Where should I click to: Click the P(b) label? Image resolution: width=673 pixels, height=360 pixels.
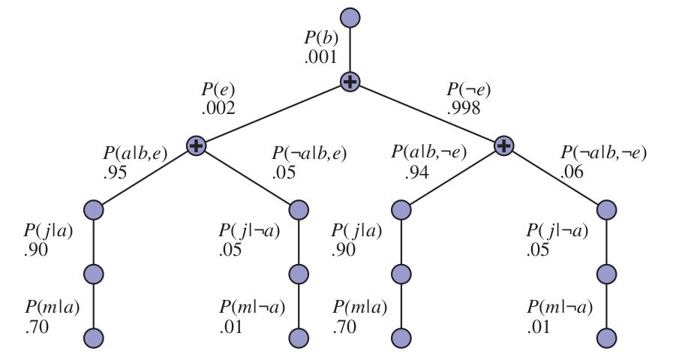(321, 38)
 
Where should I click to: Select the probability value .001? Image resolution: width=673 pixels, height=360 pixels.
(320, 57)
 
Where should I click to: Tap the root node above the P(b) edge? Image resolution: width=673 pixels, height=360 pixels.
(350, 17)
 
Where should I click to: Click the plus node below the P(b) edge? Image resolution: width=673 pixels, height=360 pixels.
(350, 82)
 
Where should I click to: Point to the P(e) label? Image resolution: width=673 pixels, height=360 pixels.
(218, 90)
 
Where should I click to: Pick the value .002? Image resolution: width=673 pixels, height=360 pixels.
(218, 109)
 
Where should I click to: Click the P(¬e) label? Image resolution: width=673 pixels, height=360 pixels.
(468, 90)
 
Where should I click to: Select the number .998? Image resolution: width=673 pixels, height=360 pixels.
(464, 109)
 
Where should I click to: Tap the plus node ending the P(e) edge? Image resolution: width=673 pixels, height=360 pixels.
(196, 146)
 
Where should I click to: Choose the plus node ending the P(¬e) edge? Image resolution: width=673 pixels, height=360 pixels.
(504, 146)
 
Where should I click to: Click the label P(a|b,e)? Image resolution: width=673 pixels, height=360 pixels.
(135, 153)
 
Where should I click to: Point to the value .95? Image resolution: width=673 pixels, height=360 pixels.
(115, 172)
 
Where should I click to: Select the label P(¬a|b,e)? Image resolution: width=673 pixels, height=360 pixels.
(309, 153)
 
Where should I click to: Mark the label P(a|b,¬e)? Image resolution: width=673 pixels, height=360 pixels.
(428, 152)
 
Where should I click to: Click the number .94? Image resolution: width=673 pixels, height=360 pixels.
(416, 172)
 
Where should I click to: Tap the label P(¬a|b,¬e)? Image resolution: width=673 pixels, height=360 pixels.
(603, 153)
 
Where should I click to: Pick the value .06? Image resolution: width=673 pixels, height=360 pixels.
(572, 172)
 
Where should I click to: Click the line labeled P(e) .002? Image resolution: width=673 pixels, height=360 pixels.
(273, 114)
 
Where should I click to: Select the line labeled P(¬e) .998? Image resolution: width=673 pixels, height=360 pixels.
(427, 114)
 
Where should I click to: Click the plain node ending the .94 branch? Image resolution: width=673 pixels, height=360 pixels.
(401, 210)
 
